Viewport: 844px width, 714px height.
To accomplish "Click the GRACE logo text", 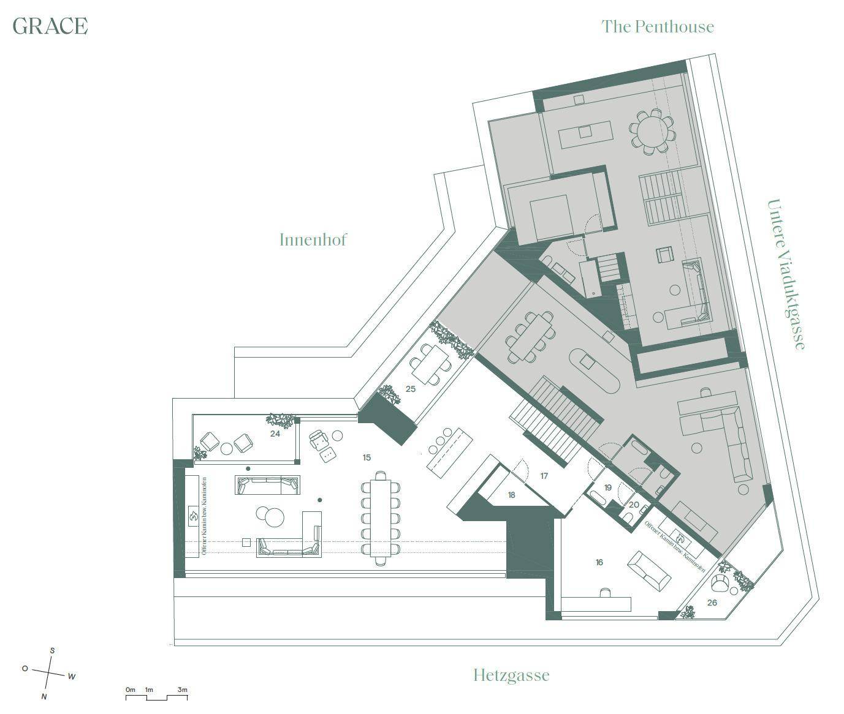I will pos(50,26).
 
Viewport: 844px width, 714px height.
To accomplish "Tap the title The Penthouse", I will pos(657,26).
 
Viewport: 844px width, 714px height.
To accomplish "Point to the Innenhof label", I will pos(313,239).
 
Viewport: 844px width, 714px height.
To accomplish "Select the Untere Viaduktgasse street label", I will pos(786,274).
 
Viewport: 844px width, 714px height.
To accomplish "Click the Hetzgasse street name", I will pos(511,675).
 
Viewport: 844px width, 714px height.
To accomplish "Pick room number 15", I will pos(367,457).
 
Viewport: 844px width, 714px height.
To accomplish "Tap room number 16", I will pos(599,562).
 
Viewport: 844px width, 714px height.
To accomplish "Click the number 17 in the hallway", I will pos(544,476).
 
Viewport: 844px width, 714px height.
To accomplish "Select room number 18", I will pos(511,495).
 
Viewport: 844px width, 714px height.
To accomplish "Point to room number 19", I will pos(607,487).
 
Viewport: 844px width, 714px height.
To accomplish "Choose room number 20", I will pos(634,505).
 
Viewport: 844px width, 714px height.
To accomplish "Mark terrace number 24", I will pos(275,434).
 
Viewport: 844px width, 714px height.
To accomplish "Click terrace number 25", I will pos(411,389).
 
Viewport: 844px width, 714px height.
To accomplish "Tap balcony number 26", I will pos(712,603).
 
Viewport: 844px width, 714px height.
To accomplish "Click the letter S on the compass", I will pos(52,651).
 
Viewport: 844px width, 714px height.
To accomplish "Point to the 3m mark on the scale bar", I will pos(182,690).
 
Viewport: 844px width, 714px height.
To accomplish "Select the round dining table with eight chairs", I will pos(651,130).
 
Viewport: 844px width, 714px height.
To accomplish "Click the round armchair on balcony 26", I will pos(720,584).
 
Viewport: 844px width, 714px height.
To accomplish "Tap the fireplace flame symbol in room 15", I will pos(192,516).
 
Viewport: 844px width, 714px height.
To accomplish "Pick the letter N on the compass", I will pos(44,696).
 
